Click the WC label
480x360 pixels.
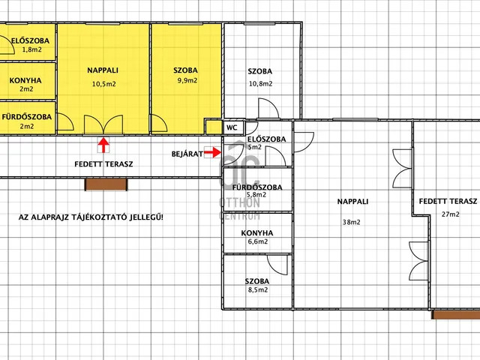(x=232, y=127)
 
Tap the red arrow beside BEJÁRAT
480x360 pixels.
(x=212, y=152)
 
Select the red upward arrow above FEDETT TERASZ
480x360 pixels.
(x=103, y=145)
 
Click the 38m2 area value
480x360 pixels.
(x=351, y=222)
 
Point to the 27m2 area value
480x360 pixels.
(x=450, y=214)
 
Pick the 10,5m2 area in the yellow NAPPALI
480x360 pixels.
(x=104, y=84)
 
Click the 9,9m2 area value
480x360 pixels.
(x=187, y=80)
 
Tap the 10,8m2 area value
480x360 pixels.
(x=260, y=83)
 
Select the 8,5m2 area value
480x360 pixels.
(x=258, y=290)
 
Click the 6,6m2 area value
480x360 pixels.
(x=258, y=241)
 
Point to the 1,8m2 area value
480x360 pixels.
(x=31, y=49)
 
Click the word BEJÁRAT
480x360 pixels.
(x=187, y=154)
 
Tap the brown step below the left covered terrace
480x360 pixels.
(x=106, y=184)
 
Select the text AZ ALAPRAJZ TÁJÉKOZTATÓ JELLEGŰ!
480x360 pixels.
(x=91, y=217)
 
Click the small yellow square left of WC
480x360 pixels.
(x=213, y=127)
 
